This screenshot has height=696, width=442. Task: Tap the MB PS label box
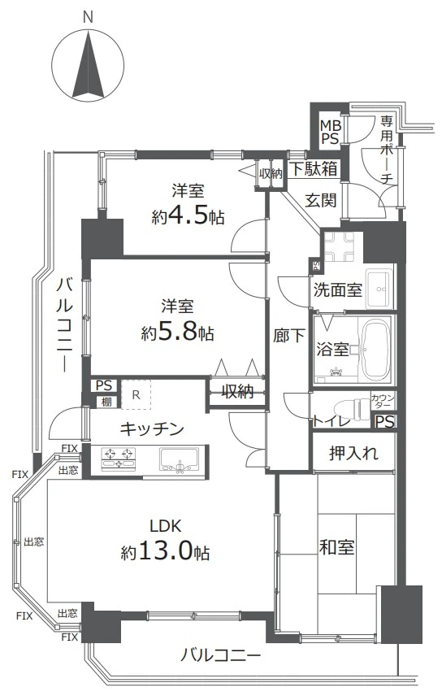330,132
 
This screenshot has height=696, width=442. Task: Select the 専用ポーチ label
387,151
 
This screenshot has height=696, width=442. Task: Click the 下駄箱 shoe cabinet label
314,170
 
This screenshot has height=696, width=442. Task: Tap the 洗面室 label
337,289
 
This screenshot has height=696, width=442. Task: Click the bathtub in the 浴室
375,350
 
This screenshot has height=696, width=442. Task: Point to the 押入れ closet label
353,454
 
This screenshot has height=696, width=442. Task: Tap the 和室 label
336,547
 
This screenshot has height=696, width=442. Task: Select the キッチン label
152,428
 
